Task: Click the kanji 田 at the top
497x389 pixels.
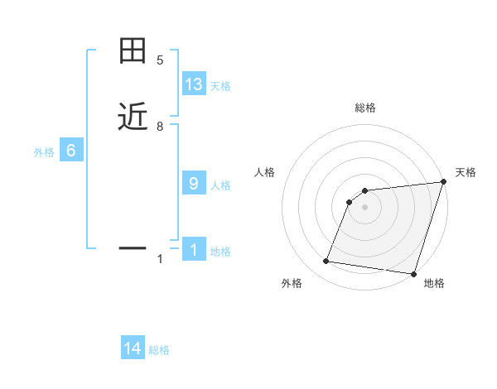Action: pos(133,52)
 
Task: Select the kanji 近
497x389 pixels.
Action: pos(133,118)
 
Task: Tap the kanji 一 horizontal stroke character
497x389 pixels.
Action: pos(133,247)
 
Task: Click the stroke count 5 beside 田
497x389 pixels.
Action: pos(160,60)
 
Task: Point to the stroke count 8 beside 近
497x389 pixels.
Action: pos(160,127)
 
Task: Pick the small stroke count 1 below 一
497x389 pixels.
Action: pos(160,260)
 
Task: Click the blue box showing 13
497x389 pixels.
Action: pos(194,84)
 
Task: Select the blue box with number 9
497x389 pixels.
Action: pos(194,184)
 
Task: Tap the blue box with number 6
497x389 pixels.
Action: pos(71,151)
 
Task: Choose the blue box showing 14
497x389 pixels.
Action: pos(133,348)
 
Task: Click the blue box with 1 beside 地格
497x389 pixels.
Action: pos(194,250)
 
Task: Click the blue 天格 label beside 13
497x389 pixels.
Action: pos(220,86)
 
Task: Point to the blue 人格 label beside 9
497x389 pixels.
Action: pos(220,185)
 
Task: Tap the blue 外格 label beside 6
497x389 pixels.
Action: pos(44,152)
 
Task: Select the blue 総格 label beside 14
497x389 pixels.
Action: pos(159,350)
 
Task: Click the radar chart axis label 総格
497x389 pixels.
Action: pos(365,108)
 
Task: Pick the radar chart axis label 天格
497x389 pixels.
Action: pos(466,172)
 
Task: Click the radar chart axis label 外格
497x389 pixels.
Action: pos(292,284)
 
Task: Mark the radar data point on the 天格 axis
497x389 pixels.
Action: pos(443,182)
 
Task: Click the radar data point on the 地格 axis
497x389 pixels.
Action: pos(413,274)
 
